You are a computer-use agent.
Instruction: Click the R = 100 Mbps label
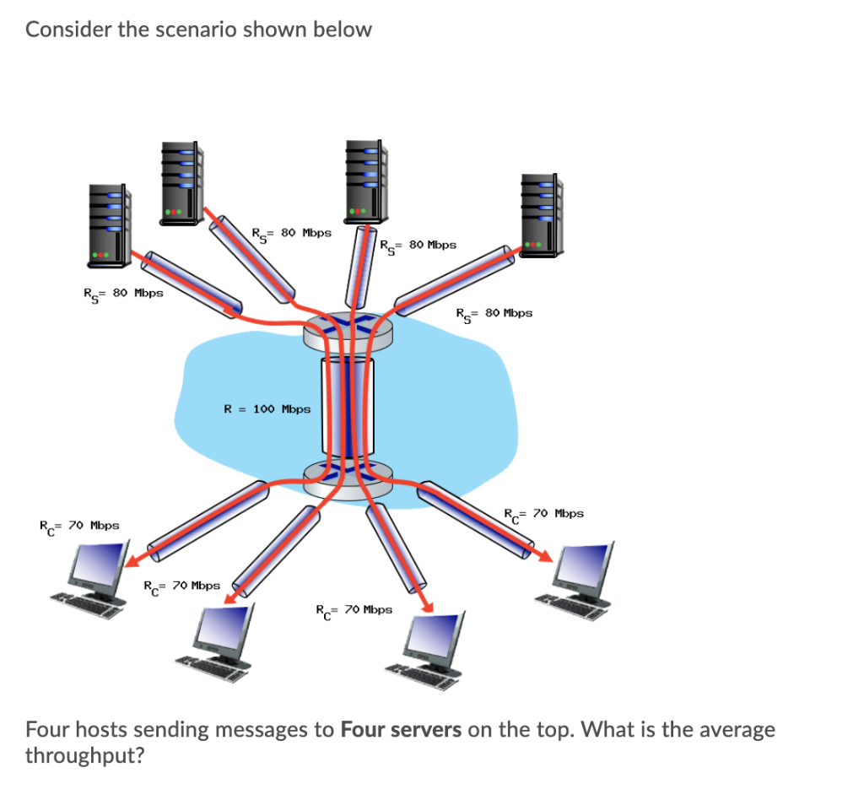coord(267,409)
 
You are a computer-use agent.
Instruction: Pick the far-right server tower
coord(541,215)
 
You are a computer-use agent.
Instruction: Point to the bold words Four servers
coord(401,729)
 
